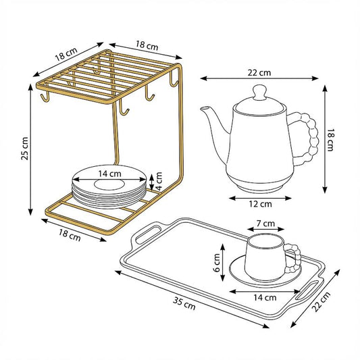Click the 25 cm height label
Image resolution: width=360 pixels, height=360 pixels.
click(24, 149)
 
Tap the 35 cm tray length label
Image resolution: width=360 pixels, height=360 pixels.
click(184, 303)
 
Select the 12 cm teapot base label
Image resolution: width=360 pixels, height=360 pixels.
click(260, 204)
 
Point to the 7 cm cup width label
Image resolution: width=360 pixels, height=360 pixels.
click(265, 224)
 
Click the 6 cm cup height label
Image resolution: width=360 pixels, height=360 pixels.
click(217, 263)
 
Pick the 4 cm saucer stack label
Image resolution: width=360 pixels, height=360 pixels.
click(159, 181)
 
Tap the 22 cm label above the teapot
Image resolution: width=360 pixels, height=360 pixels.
click(259, 73)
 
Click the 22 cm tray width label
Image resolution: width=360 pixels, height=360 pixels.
click(322, 302)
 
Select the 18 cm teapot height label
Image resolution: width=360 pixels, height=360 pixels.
click(330, 140)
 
